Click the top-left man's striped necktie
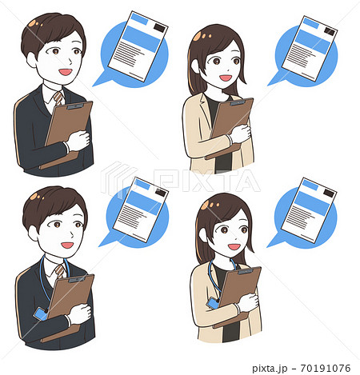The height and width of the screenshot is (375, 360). click(x=58, y=98)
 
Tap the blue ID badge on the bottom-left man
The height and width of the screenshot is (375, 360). click(x=41, y=313)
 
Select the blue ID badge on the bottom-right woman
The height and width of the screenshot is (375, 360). click(x=214, y=303)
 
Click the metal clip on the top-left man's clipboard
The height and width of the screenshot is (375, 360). click(x=76, y=106)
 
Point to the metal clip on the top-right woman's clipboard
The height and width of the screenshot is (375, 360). click(x=238, y=102)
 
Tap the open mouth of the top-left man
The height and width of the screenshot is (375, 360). click(x=66, y=72)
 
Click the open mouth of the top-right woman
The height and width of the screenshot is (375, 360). click(x=226, y=78)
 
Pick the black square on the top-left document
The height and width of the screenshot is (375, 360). click(x=159, y=27)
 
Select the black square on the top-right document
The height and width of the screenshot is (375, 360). click(x=330, y=32)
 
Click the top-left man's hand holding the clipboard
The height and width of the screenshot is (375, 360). click(x=78, y=141)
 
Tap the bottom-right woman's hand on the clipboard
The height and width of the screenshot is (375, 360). click(x=248, y=302)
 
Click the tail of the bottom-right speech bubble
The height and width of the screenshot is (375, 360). click(x=275, y=241)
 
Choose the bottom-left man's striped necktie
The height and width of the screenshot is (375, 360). click(x=60, y=271)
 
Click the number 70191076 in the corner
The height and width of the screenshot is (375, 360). click(x=326, y=368)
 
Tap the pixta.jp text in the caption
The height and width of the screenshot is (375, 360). click(x=270, y=369)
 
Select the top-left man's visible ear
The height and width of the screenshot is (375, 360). click(x=31, y=60)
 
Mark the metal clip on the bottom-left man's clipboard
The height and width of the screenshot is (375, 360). click(x=77, y=279)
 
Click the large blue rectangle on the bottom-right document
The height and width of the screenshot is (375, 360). click(x=312, y=203)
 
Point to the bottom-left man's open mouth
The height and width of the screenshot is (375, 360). click(x=67, y=245)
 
